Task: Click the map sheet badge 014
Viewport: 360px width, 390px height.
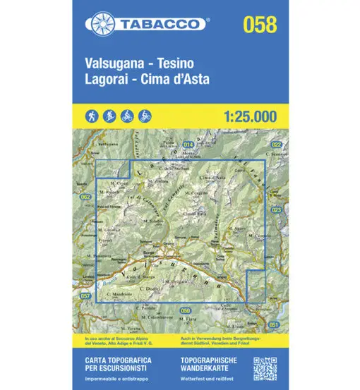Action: (x=188, y=145)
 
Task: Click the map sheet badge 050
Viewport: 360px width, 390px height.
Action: (x=185, y=310)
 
